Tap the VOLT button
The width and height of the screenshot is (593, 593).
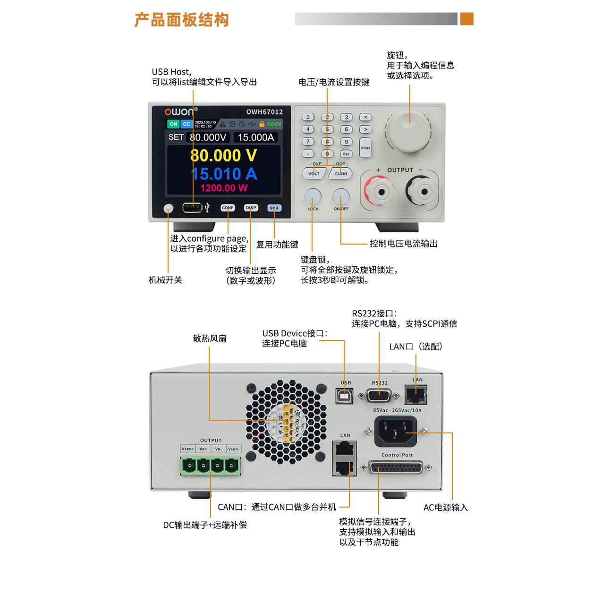pyautogui.click(x=313, y=173)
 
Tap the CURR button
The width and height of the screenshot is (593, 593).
pyautogui.click(x=341, y=173)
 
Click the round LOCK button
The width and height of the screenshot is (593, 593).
pyautogui.click(x=313, y=196)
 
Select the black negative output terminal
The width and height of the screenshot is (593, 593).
pyautogui.click(x=423, y=191)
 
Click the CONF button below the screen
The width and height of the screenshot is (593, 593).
pyautogui.click(x=228, y=208)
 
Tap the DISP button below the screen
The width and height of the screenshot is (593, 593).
pyautogui.click(x=251, y=208)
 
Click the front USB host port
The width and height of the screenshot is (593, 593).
pyautogui.click(x=192, y=208)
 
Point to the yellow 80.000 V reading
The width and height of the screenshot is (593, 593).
pyautogui.click(x=223, y=155)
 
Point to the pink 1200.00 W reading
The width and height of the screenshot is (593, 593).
pyautogui.click(x=223, y=188)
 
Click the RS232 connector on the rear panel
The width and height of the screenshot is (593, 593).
pyautogui.click(x=379, y=396)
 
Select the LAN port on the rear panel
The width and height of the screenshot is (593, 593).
pyautogui.click(x=416, y=394)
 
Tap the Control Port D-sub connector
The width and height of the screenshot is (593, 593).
pyautogui.click(x=396, y=468)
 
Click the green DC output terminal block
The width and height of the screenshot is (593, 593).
pyautogui.click(x=210, y=466)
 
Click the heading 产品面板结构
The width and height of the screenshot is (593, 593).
pyautogui.click(x=182, y=20)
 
